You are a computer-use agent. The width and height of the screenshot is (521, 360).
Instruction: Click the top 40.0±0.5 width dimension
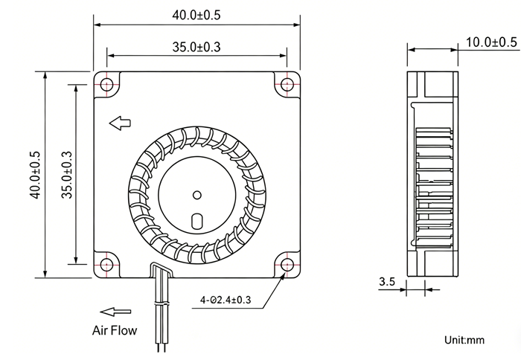[x=196, y=16]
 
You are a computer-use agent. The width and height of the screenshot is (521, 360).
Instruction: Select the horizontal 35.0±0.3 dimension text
[x=196, y=47]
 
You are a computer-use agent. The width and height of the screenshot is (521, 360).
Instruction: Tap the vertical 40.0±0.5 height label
[x=35, y=175]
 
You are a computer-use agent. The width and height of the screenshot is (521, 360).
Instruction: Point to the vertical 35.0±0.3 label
[x=66, y=175]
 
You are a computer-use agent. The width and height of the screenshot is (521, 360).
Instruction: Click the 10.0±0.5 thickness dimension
[x=491, y=42]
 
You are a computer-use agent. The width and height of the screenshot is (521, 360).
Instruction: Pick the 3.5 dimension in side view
[x=387, y=282]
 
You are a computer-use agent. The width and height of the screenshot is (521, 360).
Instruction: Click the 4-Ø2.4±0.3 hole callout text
[x=226, y=300]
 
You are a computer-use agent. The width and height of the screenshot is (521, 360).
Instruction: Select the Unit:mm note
[x=464, y=340]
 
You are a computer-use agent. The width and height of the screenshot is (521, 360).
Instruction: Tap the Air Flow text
[x=115, y=330]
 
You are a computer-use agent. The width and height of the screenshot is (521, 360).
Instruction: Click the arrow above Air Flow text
[x=115, y=312]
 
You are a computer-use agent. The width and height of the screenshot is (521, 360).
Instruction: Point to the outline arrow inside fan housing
[x=120, y=123]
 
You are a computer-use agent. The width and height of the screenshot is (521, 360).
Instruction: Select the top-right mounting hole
[x=287, y=84]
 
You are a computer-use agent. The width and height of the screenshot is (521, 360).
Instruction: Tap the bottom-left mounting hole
[x=107, y=265]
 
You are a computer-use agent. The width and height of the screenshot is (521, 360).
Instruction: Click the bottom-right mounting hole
[x=287, y=265]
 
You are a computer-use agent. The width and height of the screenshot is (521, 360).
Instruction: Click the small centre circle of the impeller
[x=197, y=195]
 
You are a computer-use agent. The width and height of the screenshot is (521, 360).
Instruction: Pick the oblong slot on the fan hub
[x=197, y=221]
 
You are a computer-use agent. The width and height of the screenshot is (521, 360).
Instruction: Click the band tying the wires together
[x=162, y=303]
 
